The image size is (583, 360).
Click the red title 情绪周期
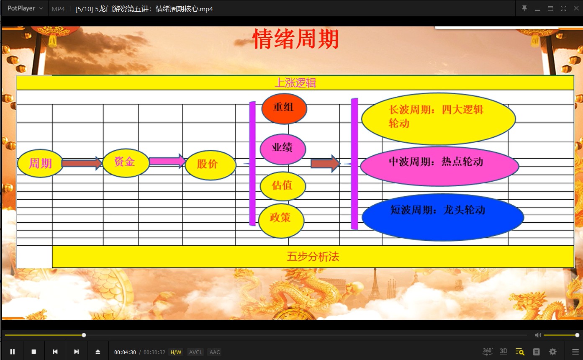coord(295,40)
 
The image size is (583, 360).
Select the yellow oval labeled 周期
coord(40,163)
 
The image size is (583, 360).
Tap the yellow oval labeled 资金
coord(126,162)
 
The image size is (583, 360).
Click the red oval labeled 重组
coord(284,108)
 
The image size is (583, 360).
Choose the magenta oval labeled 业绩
coord(283,149)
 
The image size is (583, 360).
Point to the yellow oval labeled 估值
coord(283,185)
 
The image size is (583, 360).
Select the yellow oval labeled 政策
coord(281,219)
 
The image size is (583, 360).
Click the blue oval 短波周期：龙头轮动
coord(442,217)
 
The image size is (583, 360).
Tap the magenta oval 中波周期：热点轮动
coord(439,165)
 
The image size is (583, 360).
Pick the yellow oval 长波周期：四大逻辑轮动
coord(438,118)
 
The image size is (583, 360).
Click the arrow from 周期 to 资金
coord(82,163)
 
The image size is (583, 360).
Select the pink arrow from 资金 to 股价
coord(167,161)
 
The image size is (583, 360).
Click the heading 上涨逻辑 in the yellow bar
coord(295,83)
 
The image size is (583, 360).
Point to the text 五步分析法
coord(313,257)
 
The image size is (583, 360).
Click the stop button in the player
coord(34,352)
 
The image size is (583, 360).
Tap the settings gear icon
coord(553,352)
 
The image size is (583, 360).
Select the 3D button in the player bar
coord(503,352)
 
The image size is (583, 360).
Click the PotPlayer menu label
coord(21,8)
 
